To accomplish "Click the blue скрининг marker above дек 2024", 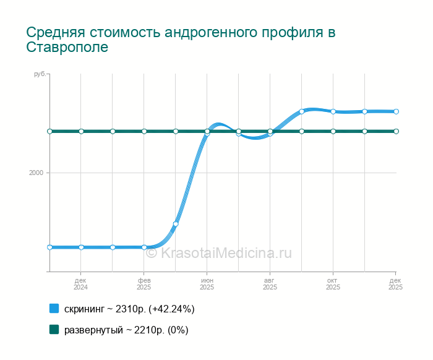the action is click(x=81, y=247).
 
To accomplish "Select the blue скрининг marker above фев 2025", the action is click(x=144, y=247).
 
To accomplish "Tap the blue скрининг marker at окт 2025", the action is click(x=333, y=111).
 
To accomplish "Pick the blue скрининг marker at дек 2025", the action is click(x=396, y=111).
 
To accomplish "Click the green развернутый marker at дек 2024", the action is click(x=81, y=131).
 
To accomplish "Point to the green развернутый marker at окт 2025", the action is click(x=333, y=131).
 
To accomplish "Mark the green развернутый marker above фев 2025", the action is click(x=144, y=131).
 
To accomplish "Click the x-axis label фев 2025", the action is click(x=144, y=284).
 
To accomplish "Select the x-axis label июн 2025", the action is click(x=207, y=284).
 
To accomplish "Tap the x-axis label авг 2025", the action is click(x=270, y=284).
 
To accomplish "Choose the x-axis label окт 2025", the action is click(x=333, y=284).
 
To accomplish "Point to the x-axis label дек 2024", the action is click(x=80, y=284).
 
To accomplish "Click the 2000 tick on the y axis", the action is click(x=36, y=173).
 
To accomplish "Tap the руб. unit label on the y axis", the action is click(x=40, y=74).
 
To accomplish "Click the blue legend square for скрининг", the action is click(x=54, y=309).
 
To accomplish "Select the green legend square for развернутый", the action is click(x=54, y=329).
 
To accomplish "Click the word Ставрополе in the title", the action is click(x=67, y=47).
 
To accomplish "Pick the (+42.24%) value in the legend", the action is click(x=171, y=309).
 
